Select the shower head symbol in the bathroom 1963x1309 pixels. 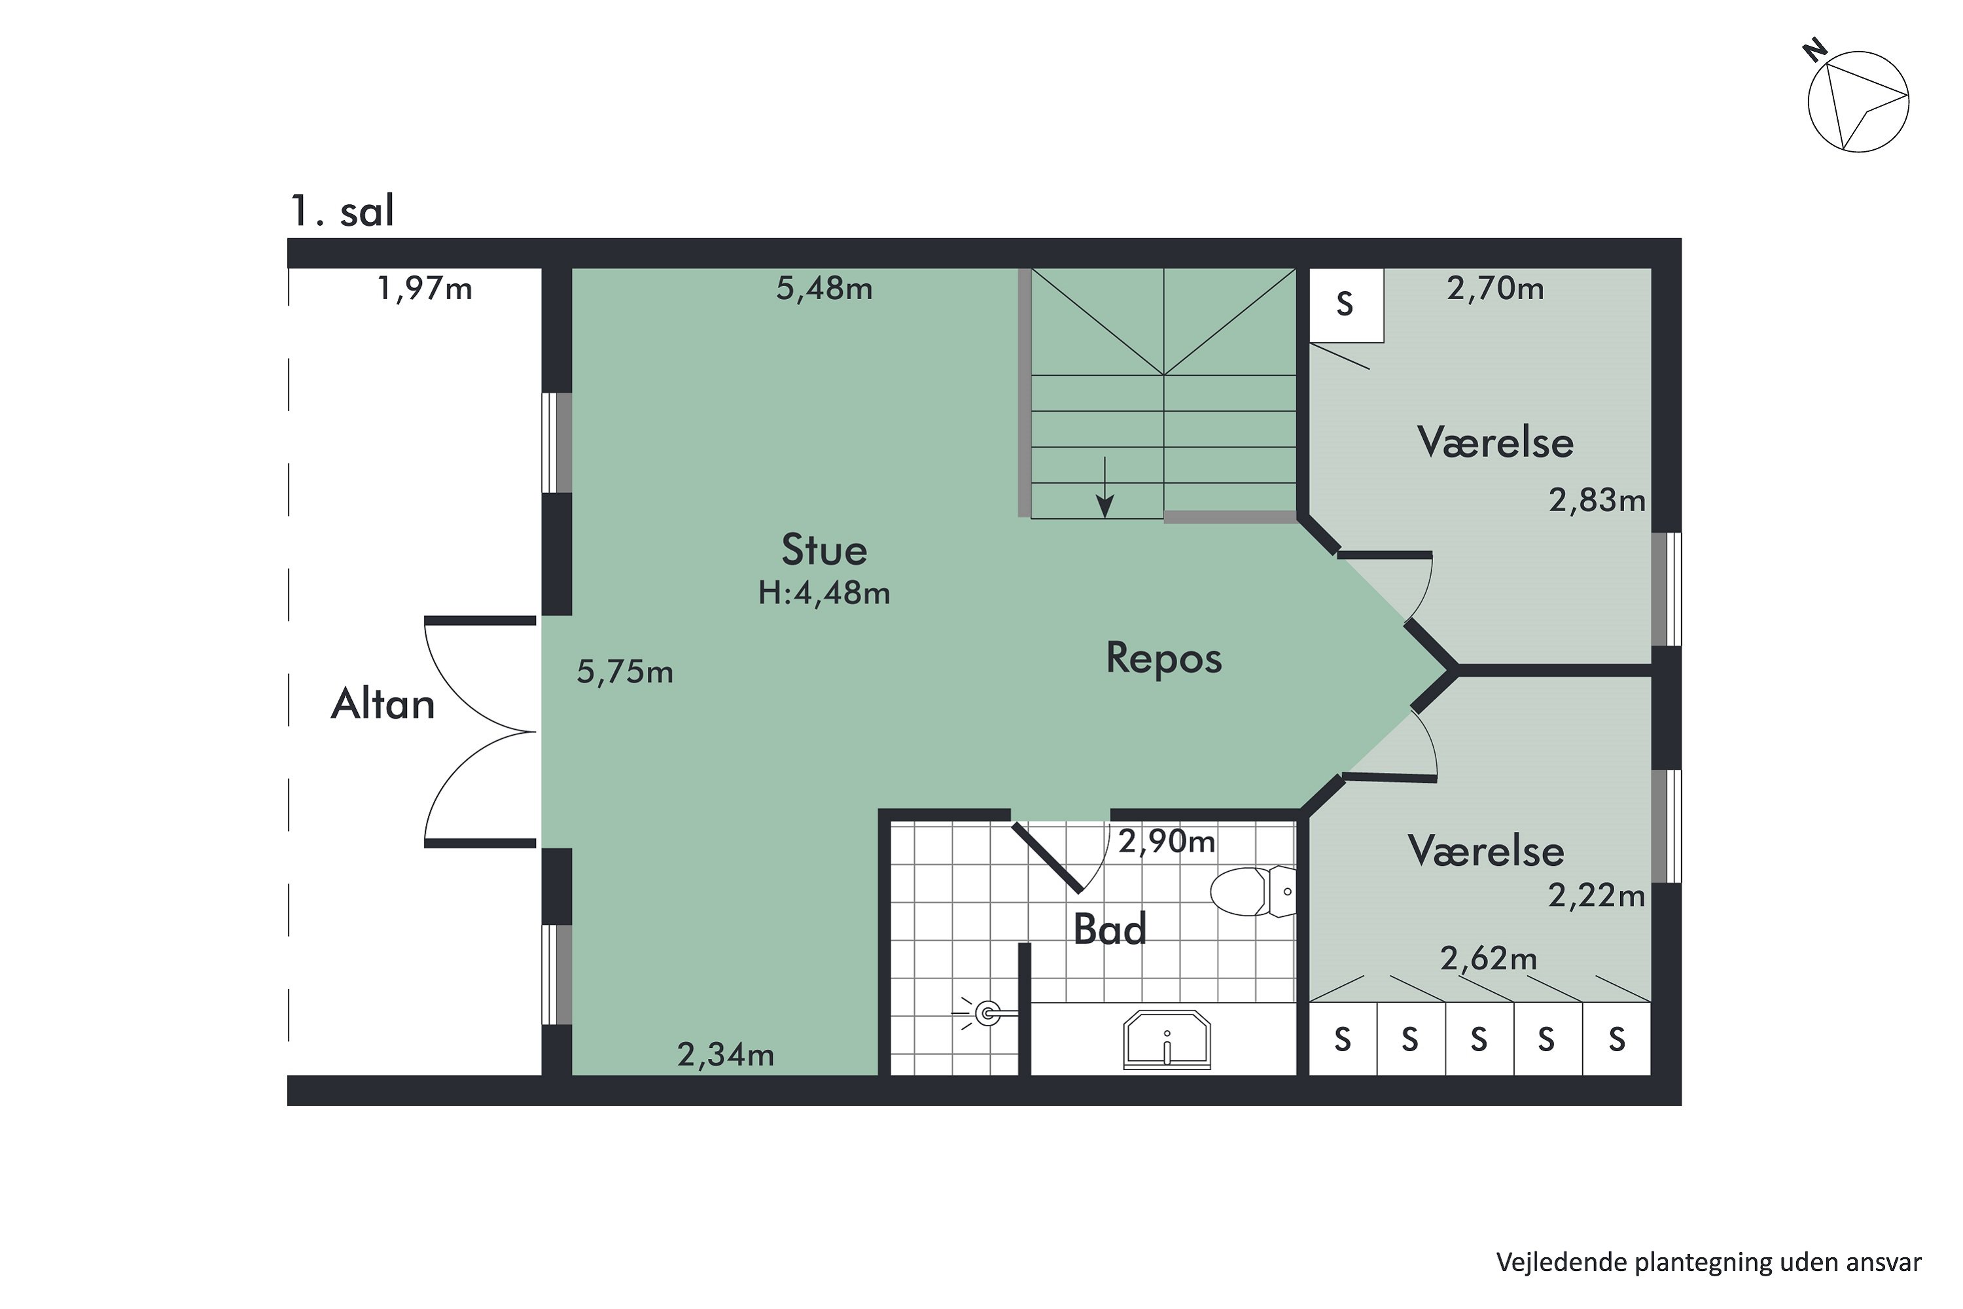(988, 1014)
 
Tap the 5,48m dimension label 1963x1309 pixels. (824, 289)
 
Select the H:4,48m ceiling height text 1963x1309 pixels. (824, 594)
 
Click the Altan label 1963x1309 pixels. (383, 704)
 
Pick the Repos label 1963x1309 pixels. (1163, 658)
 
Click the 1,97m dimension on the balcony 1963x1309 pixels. (424, 289)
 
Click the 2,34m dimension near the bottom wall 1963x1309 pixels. (725, 1055)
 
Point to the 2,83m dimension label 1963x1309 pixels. (1596, 501)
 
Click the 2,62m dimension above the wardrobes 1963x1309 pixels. (1488, 958)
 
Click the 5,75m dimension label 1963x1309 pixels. (625, 672)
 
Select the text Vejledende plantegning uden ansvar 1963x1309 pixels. (1708, 1263)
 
